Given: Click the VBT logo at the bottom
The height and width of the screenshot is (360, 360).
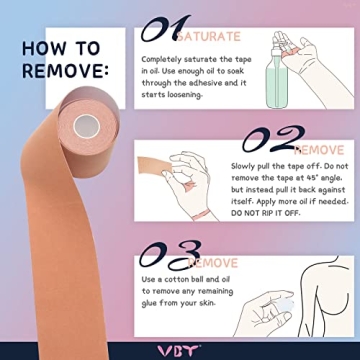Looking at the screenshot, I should click(180, 351).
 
